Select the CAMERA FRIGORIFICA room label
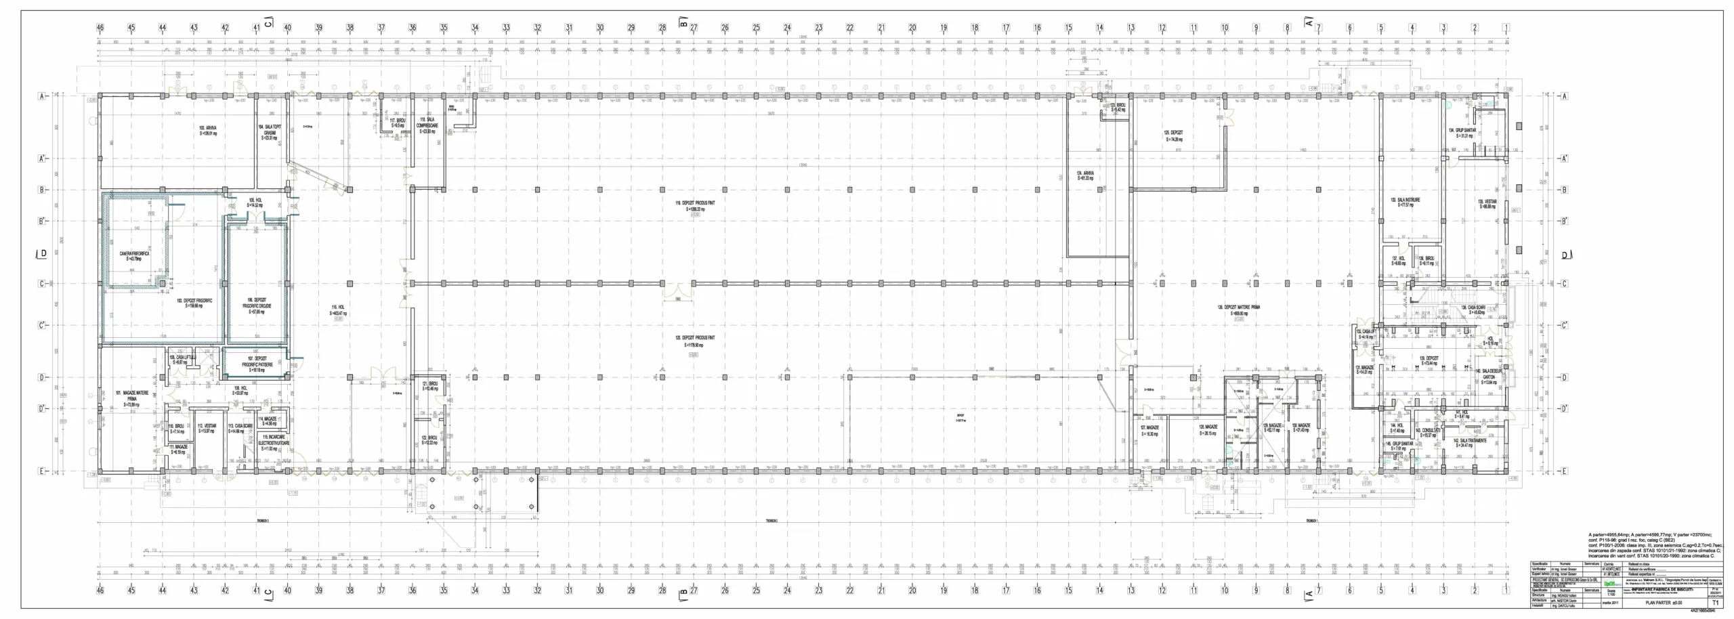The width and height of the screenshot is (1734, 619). coord(134,255)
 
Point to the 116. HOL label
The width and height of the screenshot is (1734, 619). coord(338,310)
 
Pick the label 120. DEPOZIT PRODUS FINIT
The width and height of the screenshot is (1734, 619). coord(694,341)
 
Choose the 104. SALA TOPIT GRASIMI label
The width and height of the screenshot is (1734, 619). coord(269,131)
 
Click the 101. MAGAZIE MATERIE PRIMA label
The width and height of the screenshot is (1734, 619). coord(132,399)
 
